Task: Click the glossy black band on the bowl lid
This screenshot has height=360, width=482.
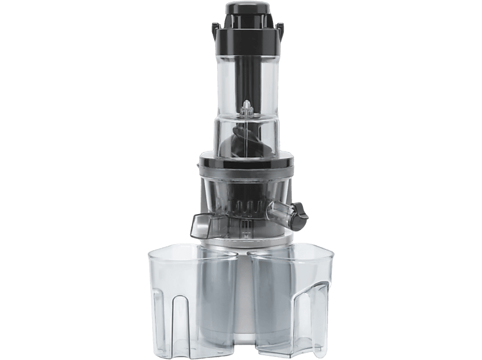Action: point(245,164)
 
